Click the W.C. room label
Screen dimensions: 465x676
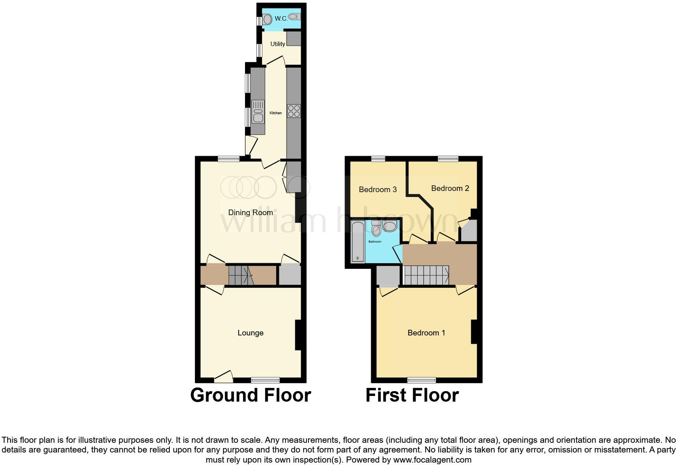coord(281,19)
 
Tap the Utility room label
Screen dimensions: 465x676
coord(277,44)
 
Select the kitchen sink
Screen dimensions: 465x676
coord(258,111)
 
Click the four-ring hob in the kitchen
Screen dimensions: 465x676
coord(294,111)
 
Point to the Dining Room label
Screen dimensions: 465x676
coord(250,213)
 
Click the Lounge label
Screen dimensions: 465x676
coord(250,333)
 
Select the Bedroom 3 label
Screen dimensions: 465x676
coord(378,189)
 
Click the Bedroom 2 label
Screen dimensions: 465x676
coord(450,189)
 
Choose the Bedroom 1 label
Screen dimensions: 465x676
coord(426,333)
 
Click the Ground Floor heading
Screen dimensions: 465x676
coord(251,395)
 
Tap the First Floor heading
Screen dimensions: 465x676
coord(412,395)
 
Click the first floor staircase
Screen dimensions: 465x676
coord(427,275)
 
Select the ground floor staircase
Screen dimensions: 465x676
coord(241,275)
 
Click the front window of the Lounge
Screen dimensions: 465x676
coord(265,380)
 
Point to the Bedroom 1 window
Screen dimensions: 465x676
coord(421,380)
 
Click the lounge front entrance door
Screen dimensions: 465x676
coord(224,377)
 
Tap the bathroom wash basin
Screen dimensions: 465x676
coord(389,226)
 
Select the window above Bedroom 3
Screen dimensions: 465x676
coord(378,159)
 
